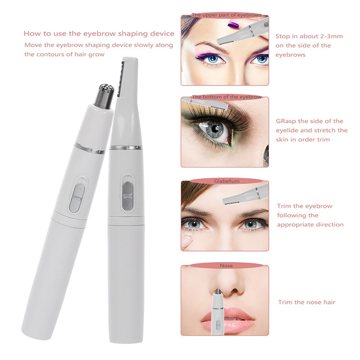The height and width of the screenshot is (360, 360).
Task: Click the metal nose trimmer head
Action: pyautogui.click(x=104, y=95)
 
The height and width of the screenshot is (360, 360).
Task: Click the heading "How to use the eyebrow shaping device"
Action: pyautogui.click(x=99, y=34)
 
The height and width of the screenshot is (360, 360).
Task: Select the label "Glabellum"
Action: pyautogui.click(x=224, y=181)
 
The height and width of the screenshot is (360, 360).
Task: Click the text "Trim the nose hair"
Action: pyautogui.click(x=307, y=302)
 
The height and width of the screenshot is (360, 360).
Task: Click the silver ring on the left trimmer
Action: pyautogui.click(x=89, y=148)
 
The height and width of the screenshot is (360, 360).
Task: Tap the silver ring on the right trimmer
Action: pyautogui.click(x=125, y=147)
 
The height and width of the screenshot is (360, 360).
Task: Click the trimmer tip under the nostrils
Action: pyautogui.click(x=218, y=293)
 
